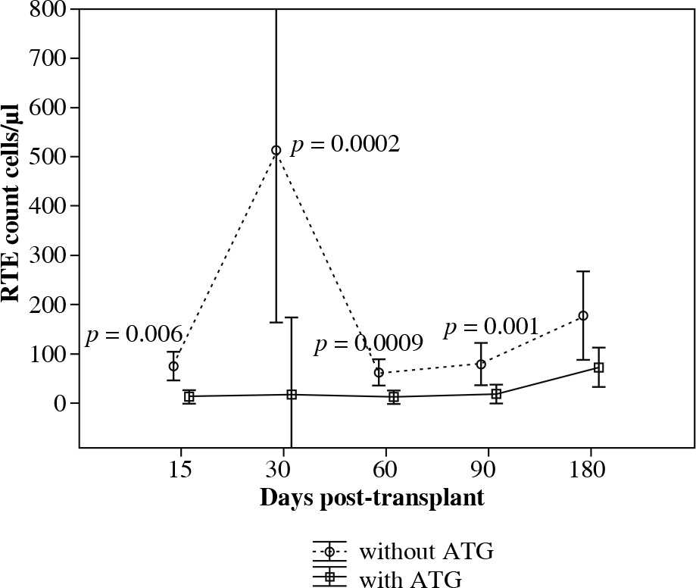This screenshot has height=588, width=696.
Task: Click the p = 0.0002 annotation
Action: coord(345,145)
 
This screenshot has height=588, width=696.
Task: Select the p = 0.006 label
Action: coord(133,335)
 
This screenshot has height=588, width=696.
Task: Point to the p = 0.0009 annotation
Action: coord(368,346)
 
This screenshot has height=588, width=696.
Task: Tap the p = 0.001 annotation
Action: coord(492,327)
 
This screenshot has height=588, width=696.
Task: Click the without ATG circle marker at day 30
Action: coord(276,151)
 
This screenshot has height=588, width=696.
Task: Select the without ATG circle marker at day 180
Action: coord(583,316)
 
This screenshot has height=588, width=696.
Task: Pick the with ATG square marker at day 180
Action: coord(598,367)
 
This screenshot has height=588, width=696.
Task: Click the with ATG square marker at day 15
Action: coord(189,397)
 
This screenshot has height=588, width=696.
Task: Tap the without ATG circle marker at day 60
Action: coord(379,372)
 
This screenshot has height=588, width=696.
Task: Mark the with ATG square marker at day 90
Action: coord(496,394)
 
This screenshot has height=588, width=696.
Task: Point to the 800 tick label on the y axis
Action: coord(45,10)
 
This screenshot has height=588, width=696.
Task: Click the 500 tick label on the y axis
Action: coord(45,157)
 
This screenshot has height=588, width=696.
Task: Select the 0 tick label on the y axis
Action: coord(58,403)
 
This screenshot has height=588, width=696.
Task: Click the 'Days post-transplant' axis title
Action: coord(372,499)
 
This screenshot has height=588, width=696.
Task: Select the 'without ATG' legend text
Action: coord(427,551)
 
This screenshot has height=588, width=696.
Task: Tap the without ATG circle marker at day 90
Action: coord(481,364)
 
